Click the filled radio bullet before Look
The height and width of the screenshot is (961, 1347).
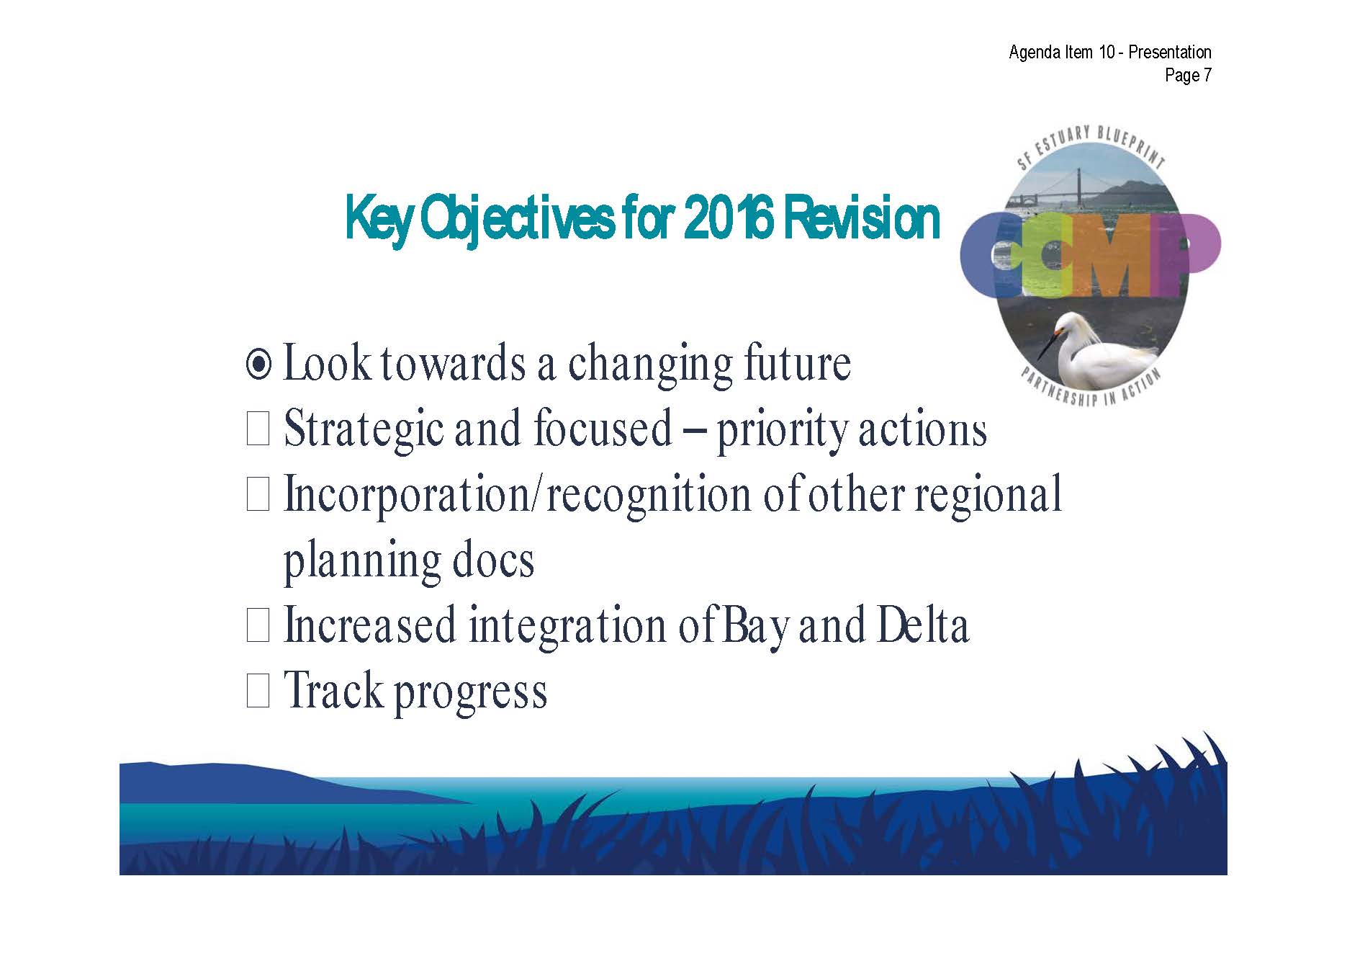[258, 365]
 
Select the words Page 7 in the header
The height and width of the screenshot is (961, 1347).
[1188, 75]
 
